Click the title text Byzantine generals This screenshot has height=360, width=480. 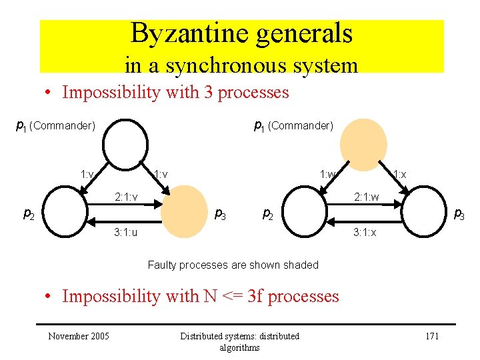pyautogui.click(x=241, y=33)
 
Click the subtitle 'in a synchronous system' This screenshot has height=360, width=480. pyautogui.click(x=241, y=65)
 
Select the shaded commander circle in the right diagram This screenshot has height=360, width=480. pyautogui.click(x=363, y=143)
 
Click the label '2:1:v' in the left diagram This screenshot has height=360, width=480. pyautogui.click(x=126, y=197)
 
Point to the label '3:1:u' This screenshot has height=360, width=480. pyautogui.click(x=126, y=233)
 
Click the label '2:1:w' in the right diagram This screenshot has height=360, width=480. pyautogui.click(x=366, y=197)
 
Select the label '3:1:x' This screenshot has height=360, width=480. pyautogui.click(x=365, y=233)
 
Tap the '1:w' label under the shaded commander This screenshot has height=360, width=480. pyautogui.click(x=328, y=175)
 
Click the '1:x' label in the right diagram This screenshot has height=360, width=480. pyautogui.click(x=399, y=175)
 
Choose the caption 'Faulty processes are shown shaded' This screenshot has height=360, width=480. pyautogui.click(x=233, y=265)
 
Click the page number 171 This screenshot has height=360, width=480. pyautogui.click(x=432, y=335)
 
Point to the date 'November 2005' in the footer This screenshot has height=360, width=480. pyautogui.click(x=79, y=335)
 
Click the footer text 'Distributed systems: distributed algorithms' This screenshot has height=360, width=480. pyautogui.click(x=240, y=341)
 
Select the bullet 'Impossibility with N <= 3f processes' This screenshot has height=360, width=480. pyautogui.click(x=200, y=296)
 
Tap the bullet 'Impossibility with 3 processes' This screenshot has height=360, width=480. pyautogui.click(x=175, y=92)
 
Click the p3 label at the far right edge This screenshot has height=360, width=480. pyautogui.click(x=459, y=215)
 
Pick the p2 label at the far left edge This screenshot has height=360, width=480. pyautogui.click(x=29, y=215)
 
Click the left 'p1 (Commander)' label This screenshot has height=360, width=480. pyautogui.click(x=55, y=125)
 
